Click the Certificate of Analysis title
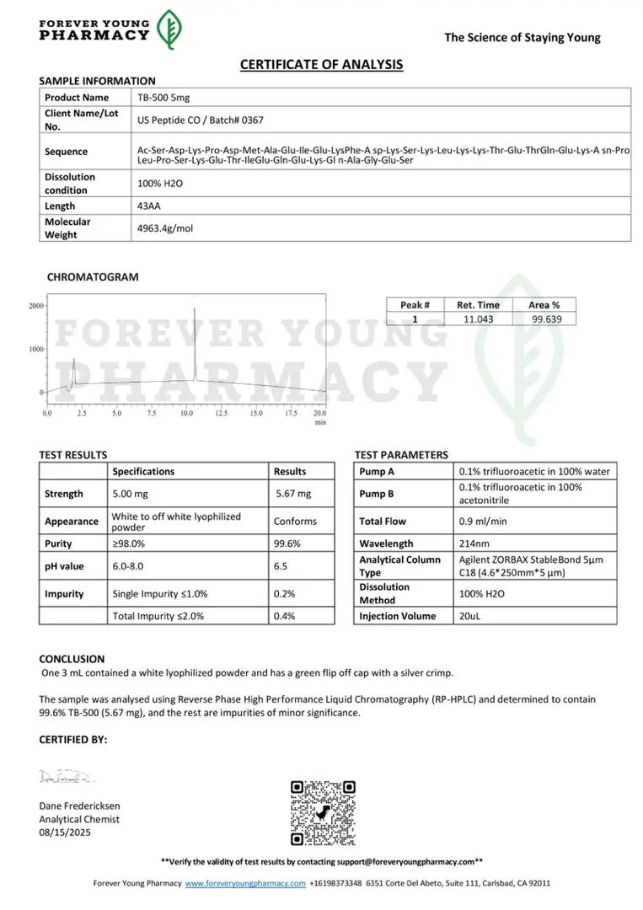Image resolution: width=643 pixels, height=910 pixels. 321,64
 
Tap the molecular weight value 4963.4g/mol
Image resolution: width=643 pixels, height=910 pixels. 165,227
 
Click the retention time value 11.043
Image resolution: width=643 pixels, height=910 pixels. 478,318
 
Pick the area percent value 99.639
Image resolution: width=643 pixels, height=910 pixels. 544,318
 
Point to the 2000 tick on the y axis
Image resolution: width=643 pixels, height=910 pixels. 35,306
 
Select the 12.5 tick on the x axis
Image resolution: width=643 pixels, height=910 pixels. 221,414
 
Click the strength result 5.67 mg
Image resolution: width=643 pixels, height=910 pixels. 293,494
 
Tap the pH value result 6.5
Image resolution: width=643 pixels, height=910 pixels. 281,566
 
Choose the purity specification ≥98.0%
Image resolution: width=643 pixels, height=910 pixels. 129,543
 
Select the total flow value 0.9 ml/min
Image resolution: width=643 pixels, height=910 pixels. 483,521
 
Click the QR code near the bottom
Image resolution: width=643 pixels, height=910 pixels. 323,813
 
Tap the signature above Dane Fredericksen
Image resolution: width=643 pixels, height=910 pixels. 67,775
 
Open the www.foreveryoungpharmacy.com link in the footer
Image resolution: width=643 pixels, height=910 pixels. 245,883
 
